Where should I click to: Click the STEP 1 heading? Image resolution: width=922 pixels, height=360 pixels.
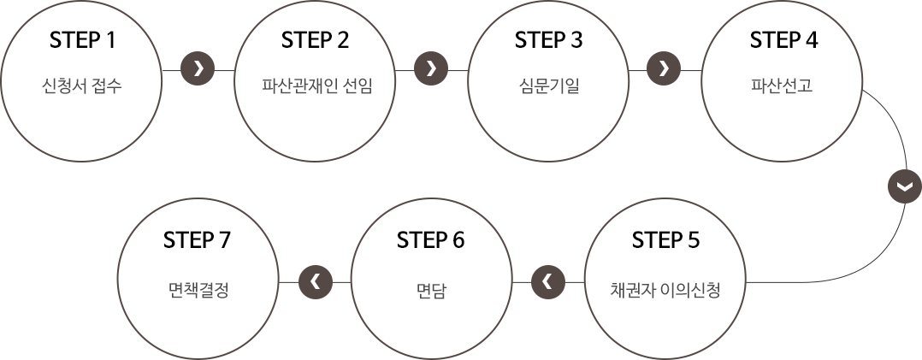point(82,40)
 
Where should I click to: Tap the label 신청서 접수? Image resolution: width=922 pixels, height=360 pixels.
point(82,86)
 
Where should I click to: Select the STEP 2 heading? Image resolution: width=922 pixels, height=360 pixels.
point(316,40)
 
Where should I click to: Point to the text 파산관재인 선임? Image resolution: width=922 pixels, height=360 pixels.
point(316,86)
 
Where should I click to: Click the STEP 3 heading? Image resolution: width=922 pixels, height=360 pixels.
point(549,40)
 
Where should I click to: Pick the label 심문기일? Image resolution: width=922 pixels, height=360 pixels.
point(549,86)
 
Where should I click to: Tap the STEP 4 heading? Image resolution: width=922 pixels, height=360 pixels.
point(783,40)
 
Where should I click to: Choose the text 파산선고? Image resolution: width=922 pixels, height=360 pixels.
point(783,86)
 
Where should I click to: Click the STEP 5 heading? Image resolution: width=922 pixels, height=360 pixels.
point(665,240)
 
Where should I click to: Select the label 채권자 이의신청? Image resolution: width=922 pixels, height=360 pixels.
point(665,289)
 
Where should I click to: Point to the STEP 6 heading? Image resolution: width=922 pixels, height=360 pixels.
point(431,240)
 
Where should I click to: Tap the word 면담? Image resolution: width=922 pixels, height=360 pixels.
point(431,289)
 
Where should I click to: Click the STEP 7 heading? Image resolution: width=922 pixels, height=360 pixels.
point(198,240)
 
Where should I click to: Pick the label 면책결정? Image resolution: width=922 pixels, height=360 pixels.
point(198,289)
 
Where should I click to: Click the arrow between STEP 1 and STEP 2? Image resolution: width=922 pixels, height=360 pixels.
point(198,68)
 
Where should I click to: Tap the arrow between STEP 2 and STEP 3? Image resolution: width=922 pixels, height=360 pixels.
point(431,68)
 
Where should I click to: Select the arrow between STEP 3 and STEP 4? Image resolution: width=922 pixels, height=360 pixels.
point(664,68)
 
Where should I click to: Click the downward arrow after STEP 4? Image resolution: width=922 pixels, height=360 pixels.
point(904,186)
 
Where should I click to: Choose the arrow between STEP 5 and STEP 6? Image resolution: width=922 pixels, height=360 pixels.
point(548,280)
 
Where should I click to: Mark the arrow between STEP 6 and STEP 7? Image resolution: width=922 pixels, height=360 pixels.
point(315,280)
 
